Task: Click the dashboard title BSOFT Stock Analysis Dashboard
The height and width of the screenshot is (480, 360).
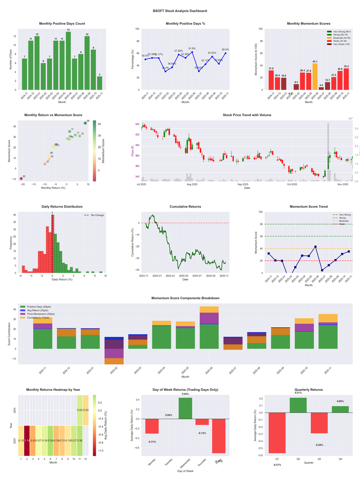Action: coord(180,10)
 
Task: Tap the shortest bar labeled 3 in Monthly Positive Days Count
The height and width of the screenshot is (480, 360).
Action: coord(99,83)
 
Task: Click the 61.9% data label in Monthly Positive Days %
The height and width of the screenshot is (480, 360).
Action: coord(192,48)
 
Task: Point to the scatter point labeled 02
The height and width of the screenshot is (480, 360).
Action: coord(21,179)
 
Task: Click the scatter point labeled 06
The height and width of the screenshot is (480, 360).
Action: coord(85,123)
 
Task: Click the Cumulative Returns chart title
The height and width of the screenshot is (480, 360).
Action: coord(185,207)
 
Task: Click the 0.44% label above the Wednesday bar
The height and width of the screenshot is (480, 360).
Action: coord(185,394)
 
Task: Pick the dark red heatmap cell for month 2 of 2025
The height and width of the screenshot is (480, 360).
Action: coord(27,440)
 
